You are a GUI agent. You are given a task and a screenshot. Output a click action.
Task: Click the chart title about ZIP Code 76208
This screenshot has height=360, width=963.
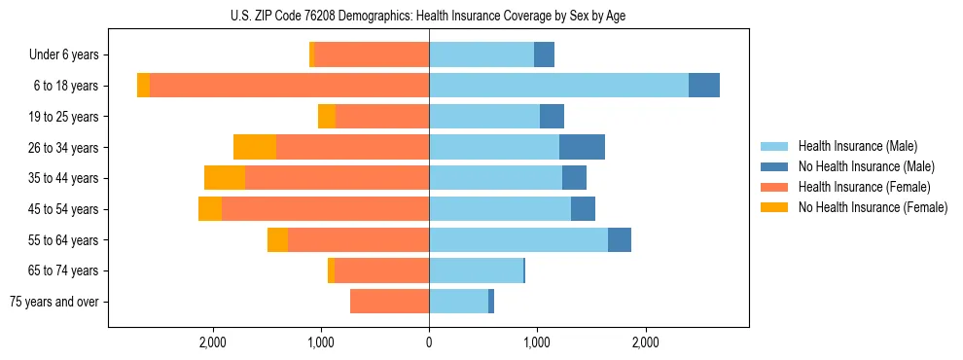[429, 16]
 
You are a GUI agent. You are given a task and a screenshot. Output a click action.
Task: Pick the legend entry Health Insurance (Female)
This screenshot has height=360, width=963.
[864, 187]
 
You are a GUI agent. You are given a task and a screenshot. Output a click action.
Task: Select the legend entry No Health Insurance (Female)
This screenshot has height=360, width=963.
[873, 207]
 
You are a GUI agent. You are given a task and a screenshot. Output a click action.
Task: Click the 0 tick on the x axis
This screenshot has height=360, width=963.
[429, 342]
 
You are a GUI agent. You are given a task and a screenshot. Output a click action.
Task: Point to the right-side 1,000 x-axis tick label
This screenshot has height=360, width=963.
[537, 342]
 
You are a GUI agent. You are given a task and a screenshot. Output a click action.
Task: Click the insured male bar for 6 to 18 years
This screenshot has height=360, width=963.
[558, 86]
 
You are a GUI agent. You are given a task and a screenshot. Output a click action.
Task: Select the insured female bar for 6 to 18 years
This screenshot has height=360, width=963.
[289, 86]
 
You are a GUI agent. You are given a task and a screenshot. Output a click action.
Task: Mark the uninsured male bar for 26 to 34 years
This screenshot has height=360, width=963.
[582, 147]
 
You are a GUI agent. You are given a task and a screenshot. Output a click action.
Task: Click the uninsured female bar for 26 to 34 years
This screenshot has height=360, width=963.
[255, 147]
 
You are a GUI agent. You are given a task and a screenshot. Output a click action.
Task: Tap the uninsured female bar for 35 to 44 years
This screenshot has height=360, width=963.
[225, 178]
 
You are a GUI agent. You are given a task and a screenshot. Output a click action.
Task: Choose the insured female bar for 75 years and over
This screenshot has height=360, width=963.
[389, 302]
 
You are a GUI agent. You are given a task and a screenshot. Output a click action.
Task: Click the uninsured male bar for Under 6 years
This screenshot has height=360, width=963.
[544, 54]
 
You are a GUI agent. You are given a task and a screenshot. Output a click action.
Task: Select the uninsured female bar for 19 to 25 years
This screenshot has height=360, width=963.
[327, 117]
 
